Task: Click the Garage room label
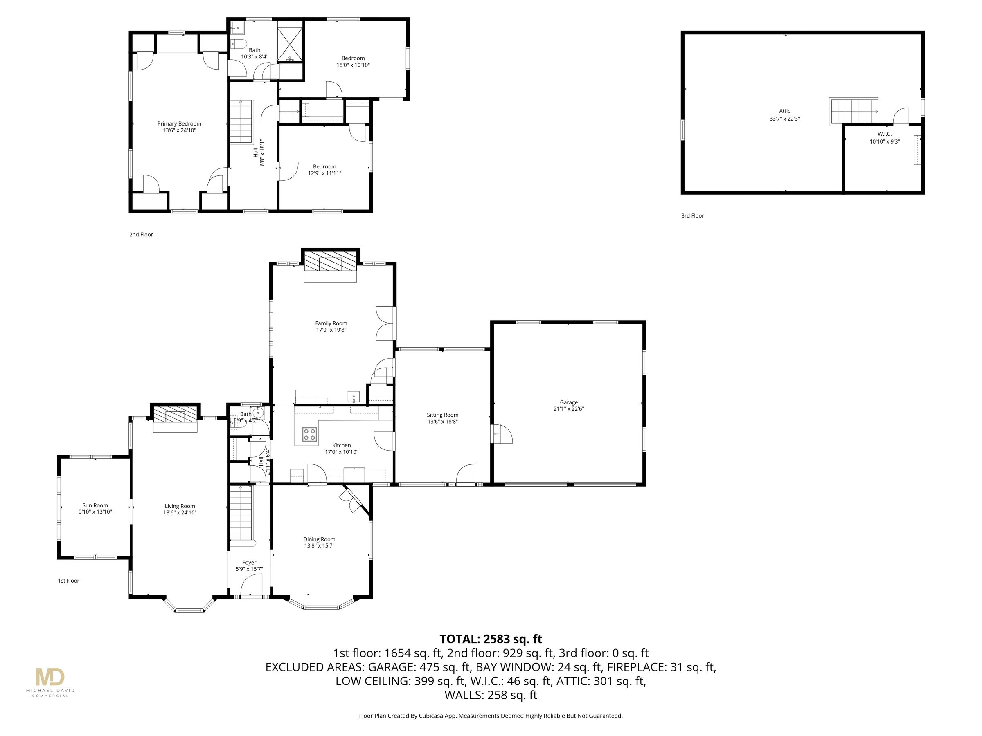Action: (x=568, y=402)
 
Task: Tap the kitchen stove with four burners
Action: (x=309, y=434)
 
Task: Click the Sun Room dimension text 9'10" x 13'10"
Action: (x=95, y=512)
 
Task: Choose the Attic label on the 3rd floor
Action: (x=784, y=111)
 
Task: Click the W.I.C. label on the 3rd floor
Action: (x=884, y=134)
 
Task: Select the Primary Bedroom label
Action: (x=179, y=124)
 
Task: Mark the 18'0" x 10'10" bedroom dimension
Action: (x=353, y=65)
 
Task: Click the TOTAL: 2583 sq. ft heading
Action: (x=491, y=639)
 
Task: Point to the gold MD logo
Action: (x=50, y=678)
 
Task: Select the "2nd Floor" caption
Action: (x=141, y=235)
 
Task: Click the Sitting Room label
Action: (x=442, y=415)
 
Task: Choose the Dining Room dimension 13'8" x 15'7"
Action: (x=319, y=546)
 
